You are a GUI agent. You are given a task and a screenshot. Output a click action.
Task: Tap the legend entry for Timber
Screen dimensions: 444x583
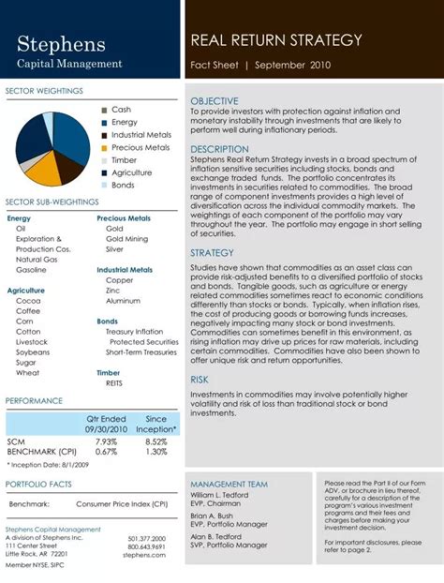click(124, 160)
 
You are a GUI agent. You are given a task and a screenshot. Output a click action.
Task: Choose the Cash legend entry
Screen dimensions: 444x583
click(121, 110)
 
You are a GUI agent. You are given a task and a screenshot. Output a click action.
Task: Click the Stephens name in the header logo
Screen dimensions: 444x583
click(61, 44)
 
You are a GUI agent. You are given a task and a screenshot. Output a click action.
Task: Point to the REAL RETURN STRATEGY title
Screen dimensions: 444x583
click(276, 40)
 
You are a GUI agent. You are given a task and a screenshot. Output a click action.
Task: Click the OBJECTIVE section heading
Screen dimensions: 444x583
click(215, 100)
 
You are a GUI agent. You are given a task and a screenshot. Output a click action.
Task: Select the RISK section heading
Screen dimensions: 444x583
click(200, 380)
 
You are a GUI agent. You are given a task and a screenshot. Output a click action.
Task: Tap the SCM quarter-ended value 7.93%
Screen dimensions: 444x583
click(106, 441)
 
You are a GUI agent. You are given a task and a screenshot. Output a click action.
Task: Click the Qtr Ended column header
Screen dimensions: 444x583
click(106, 419)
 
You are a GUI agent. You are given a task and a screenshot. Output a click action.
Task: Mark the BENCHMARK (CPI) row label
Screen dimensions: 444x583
click(37, 451)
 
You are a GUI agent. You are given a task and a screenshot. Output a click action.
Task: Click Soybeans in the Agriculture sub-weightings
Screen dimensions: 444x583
click(32, 352)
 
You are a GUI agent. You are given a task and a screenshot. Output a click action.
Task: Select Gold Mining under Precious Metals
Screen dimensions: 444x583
click(126, 239)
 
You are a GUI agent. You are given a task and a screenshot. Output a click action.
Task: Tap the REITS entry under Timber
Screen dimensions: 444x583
click(115, 382)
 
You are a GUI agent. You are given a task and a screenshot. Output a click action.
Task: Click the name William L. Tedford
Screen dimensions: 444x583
click(220, 494)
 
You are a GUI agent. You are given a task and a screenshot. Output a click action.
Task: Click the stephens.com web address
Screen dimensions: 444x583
click(143, 555)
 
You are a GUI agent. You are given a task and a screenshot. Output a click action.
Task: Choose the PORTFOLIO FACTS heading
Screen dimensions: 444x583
click(38, 484)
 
